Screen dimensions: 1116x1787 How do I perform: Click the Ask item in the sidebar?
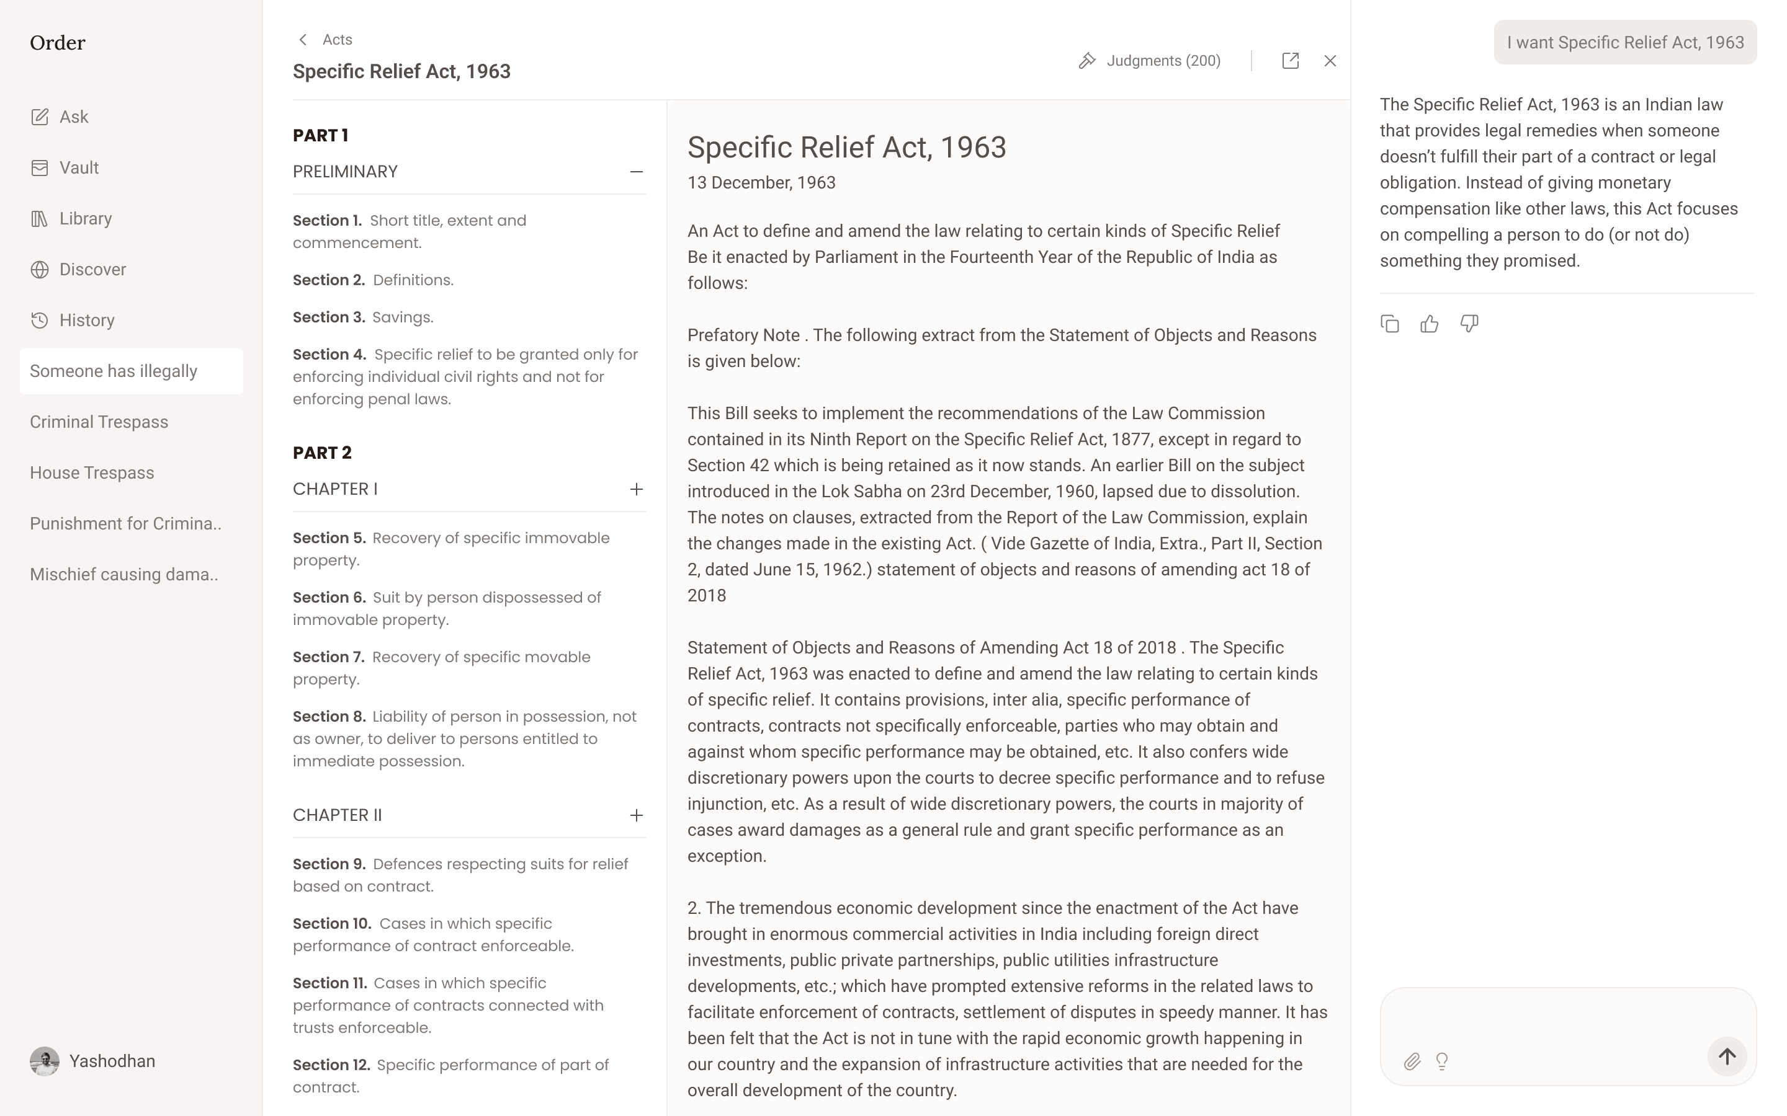pyautogui.click(x=73, y=117)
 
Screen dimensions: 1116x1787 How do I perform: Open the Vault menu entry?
pyautogui.click(x=78, y=167)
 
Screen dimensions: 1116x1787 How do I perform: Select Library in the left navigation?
pyautogui.click(x=85, y=218)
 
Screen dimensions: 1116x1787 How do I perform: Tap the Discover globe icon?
pyautogui.click(x=40, y=270)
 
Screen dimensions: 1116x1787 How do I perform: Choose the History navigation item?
pyautogui.click(x=86, y=321)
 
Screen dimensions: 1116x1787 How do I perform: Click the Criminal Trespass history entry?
pyautogui.click(x=99, y=422)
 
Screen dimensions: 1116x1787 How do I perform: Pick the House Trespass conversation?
pyautogui.click(x=92, y=473)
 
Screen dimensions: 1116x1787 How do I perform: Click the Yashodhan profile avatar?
pyautogui.click(x=44, y=1061)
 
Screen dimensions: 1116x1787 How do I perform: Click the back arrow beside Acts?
pyautogui.click(x=303, y=40)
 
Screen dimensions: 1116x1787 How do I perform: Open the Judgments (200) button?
pyautogui.click(x=1150, y=61)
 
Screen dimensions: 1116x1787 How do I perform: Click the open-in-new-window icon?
pyautogui.click(x=1290, y=61)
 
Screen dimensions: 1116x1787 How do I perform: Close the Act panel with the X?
pyautogui.click(x=1330, y=61)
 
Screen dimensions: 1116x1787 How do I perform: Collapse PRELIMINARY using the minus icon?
pyautogui.click(x=636, y=172)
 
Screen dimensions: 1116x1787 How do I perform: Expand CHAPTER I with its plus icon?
pyautogui.click(x=636, y=489)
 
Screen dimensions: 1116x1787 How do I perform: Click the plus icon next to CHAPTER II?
pyautogui.click(x=636, y=815)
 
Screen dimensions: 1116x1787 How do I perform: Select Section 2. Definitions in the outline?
pyautogui.click(x=373, y=280)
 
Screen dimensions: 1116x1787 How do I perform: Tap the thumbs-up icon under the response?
pyautogui.click(x=1429, y=324)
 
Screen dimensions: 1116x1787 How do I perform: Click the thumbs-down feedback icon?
pyautogui.click(x=1469, y=324)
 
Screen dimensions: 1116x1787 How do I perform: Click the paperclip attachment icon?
pyautogui.click(x=1412, y=1061)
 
